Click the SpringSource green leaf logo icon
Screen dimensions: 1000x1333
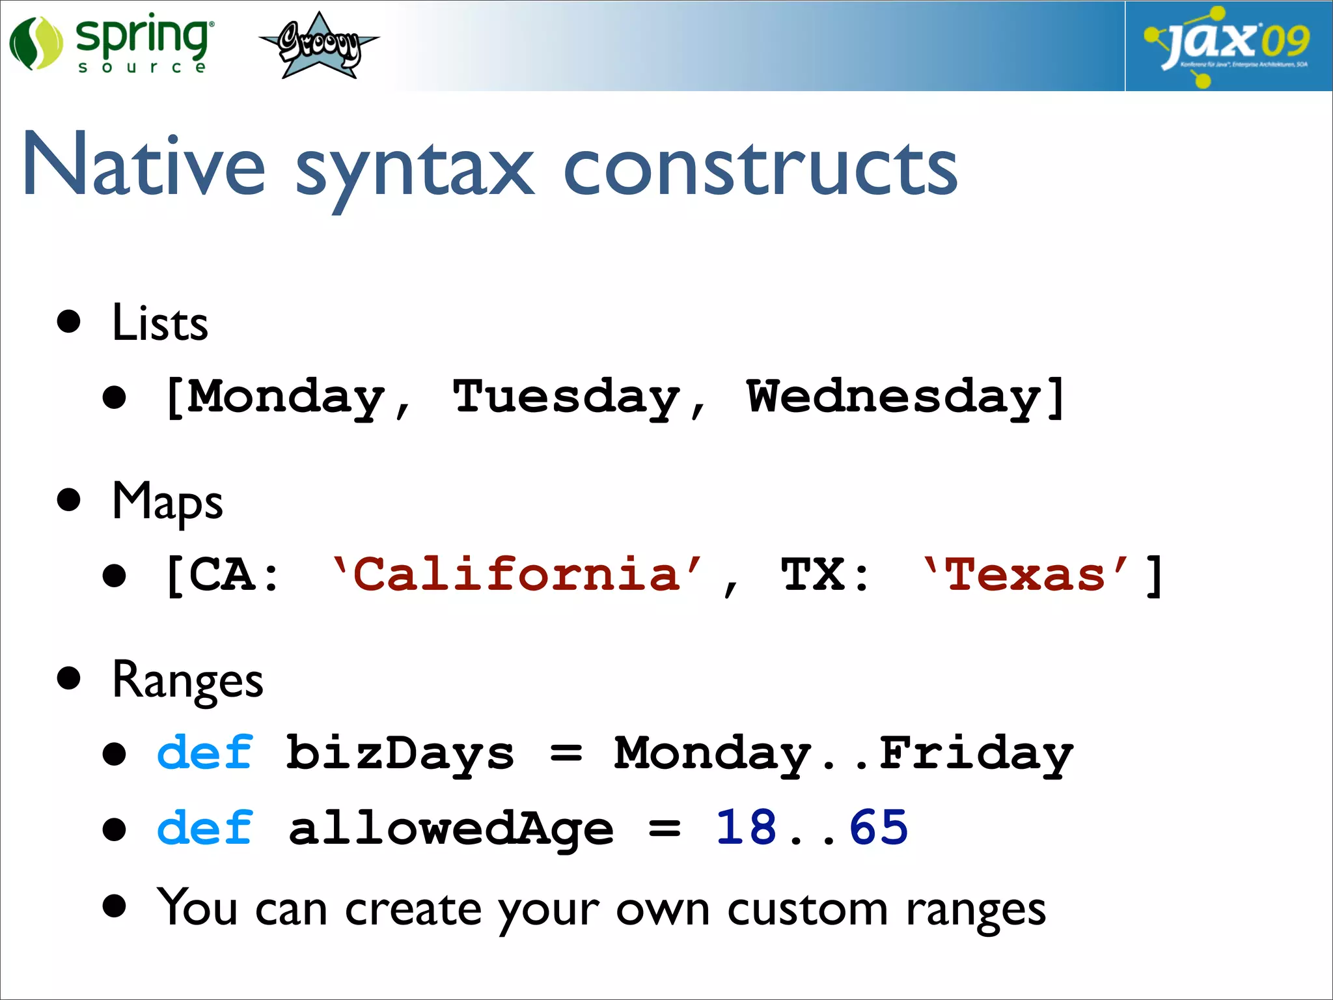(x=36, y=44)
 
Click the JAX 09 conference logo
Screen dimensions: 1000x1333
(x=1228, y=45)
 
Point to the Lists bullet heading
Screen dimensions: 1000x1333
(x=159, y=323)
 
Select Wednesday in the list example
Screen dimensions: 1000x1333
(x=893, y=397)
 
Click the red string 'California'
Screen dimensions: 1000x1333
(x=517, y=575)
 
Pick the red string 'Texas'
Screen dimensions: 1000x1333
(x=1025, y=575)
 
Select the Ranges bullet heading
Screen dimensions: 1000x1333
(x=187, y=681)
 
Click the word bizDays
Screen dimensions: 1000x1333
(x=400, y=754)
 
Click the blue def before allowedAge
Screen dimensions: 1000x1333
(x=204, y=829)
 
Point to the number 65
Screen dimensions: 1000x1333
(x=878, y=828)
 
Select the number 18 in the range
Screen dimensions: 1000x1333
(x=746, y=828)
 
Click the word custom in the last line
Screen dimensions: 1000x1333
(x=807, y=910)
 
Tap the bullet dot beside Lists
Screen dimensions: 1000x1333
(x=68, y=322)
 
